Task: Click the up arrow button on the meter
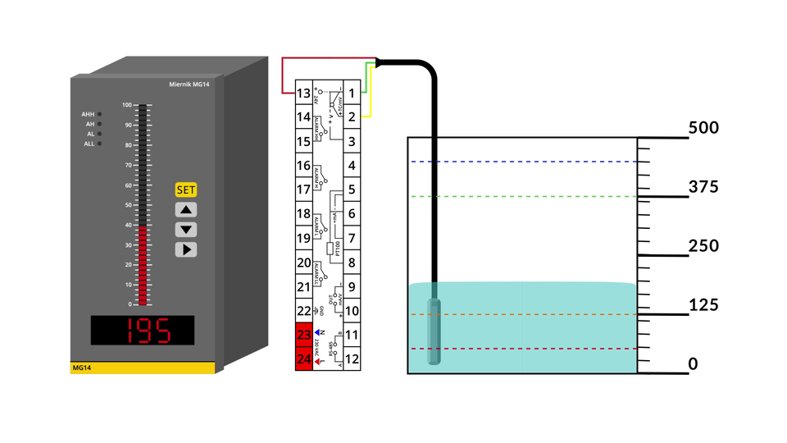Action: (x=186, y=210)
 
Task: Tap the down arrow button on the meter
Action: (x=186, y=230)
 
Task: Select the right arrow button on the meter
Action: (x=186, y=249)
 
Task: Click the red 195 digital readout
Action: (x=143, y=330)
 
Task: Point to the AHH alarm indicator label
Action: (x=88, y=114)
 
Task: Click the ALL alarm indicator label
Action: (x=89, y=144)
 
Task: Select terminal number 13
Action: (x=304, y=94)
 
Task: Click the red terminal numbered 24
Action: (x=304, y=359)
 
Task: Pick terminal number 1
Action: (x=352, y=94)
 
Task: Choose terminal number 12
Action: (x=352, y=359)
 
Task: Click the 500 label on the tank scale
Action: (x=703, y=128)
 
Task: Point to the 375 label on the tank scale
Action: (x=703, y=187)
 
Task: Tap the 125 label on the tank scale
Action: (x=703, y=305)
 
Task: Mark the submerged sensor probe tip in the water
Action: (x=435, y=332)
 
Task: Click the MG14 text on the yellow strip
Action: (x=81, y=368)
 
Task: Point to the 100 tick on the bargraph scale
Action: (x=127, y=105)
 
